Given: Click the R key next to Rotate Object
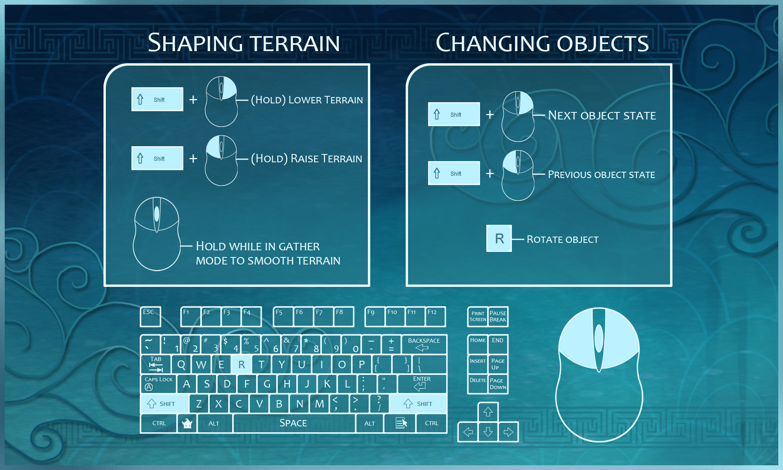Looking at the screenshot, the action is [x=499, y=238].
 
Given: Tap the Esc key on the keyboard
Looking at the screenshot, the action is [x=150, y=317].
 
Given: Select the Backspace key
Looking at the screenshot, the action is [x=424, y=345].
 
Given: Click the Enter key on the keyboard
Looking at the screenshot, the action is [x=422, y=384].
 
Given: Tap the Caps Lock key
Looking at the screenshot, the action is [x=158, y=384].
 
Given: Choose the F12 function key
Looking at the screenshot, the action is [x=436, y=317].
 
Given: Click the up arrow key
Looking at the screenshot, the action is [x=488, y=412].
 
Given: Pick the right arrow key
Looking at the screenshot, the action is [x=508, y=432].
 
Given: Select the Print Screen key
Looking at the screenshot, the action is [x=478, y=317].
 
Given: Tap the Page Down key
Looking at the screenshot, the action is [x=498, y=384].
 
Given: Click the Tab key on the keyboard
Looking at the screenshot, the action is [x=156, y=364].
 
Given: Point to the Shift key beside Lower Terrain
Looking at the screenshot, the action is [x=157, y=99].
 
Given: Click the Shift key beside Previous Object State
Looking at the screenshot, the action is [x=454, y=173].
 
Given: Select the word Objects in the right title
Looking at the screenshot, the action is [x=602, y=43].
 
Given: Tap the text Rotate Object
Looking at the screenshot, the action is [x=563, y=239].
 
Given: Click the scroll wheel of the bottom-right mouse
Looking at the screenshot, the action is [x=599, y=338].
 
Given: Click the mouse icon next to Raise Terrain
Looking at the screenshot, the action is [x=221, y=160].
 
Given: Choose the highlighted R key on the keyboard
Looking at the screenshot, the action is [x=241, y=364].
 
